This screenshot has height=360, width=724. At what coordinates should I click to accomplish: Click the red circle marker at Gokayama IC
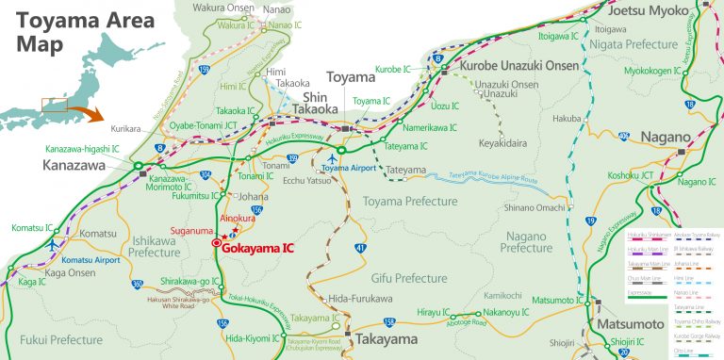click(x=216, y=243)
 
